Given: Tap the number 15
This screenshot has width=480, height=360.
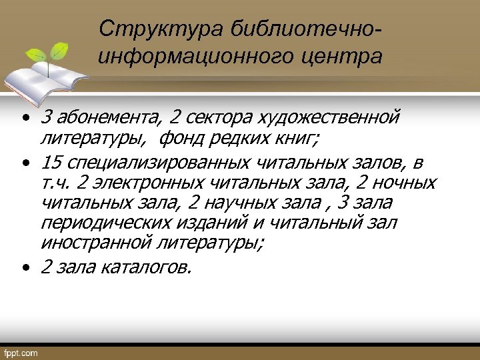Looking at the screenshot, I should click(51, 163).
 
